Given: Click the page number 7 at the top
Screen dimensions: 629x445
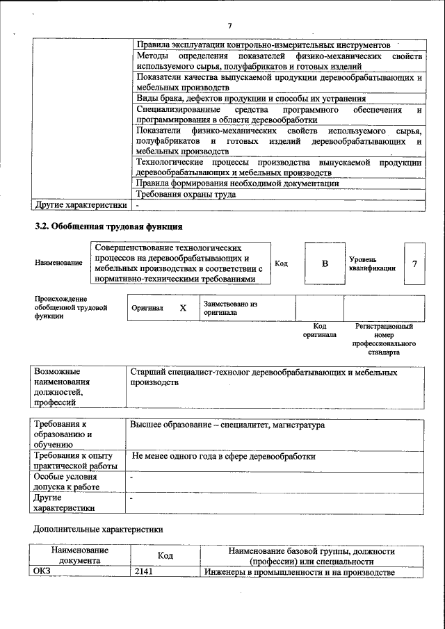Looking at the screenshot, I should [229, 27].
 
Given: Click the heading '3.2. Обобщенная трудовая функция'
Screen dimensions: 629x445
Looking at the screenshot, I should [108, 227].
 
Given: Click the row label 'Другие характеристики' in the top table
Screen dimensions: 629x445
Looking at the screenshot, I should [81, 205].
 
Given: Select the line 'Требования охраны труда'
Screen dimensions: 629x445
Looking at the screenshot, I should [186, 195].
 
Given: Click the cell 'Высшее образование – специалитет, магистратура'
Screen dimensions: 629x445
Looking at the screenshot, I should [227, 425].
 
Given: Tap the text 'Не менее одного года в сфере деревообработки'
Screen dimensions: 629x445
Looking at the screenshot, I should [223, 457].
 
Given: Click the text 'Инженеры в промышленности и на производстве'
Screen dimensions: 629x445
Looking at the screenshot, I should [300, 572].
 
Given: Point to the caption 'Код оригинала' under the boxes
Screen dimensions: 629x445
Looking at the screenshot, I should [319, 329].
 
